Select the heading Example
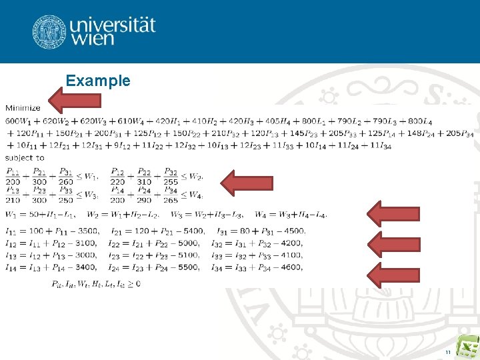pyautogui.click(x=98, y=81)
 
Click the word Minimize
pyautogui.click(x=23, y=107)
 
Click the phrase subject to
pyautogui.click(x=25, y=158)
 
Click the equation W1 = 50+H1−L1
pyautogui.click(x=41, y=215)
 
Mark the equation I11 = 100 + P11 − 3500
pyautogui.click(x=50, y=231)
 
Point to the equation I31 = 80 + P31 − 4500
pyautogui.click(x=261, y=231)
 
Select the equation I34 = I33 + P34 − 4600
pyautogui.click(x=261, y=267)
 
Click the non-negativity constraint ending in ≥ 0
pyautogui.click(x=95, y=283)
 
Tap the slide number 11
pyautogui.click(x=448, y=351)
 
